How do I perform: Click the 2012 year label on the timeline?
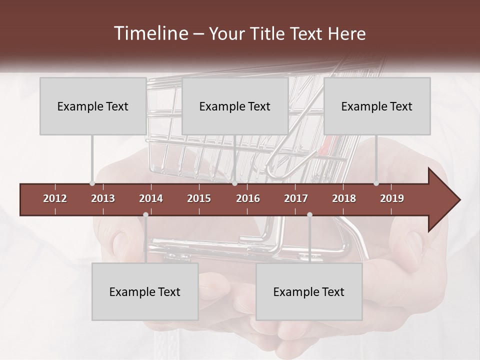click(x=55, y=198)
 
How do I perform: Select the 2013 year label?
click(x=103, y=198)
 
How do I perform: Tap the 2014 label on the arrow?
click(x=151, y=198)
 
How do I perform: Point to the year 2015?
click(x=199, y=198)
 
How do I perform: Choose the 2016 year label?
click(x=248, y=198)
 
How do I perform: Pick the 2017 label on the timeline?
click(x=296, y=198)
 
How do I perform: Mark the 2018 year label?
click(x=344, y=198)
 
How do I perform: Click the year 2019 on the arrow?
click(x=392, y=198)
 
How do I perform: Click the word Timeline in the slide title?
click(x=150, y=33)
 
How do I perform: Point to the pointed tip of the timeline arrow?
click(x=459, y=200)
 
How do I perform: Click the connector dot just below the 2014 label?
click(x=145, y=214)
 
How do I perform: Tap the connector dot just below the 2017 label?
click(x=309, y=214)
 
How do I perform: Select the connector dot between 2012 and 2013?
click(x=92, y=183)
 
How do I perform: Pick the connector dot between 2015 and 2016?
click(x=234, y=183)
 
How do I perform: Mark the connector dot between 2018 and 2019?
click(x=376, y=183)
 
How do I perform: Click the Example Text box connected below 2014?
click(x=145, y=291)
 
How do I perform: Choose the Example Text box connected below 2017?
click(x=309, y=291)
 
